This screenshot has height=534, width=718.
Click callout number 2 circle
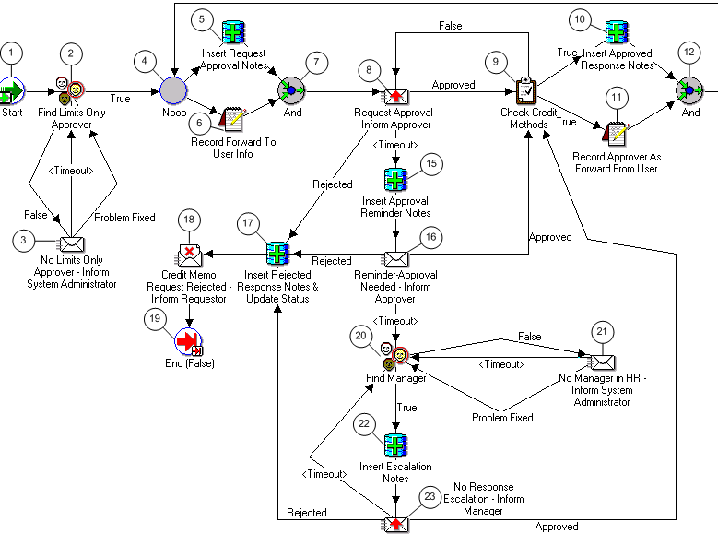tap(74, 55)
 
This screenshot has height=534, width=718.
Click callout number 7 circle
tap(315, 62)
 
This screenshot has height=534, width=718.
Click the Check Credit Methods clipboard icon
tap(526, 90)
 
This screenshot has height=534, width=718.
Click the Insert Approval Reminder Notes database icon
tap(394, 178)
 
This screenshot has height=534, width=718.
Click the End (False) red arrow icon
tap(189, 339)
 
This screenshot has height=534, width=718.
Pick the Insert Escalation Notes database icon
tap(395, 440)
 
